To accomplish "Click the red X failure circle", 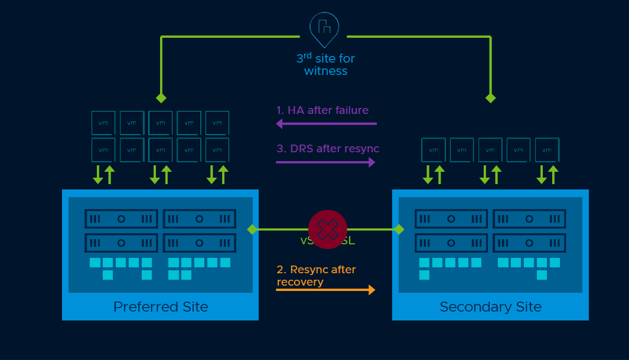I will point(328,229).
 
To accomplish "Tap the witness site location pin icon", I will point(324,28).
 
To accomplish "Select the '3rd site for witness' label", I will point(325,65).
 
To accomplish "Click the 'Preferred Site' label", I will point(161,307).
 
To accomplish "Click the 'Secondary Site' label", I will point(490,307).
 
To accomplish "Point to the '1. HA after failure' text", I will point(322,110).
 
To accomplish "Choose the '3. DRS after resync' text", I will point(328,149).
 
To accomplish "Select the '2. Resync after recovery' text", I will point(316,276).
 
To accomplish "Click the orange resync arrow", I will point(325,290).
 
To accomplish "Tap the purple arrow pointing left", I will point(326,124).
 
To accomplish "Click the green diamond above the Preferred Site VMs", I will point(161,98).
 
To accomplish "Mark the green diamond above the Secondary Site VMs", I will point(490,98).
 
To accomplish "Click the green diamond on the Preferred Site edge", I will point(252,229).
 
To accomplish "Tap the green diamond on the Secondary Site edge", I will point(399,229).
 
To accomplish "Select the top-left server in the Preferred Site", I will point(121,218).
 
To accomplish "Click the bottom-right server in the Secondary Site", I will point(529,243).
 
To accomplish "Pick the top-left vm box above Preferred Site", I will point(103,123).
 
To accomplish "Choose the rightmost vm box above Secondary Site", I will point(547,150).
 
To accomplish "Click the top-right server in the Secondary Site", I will point(529,218).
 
